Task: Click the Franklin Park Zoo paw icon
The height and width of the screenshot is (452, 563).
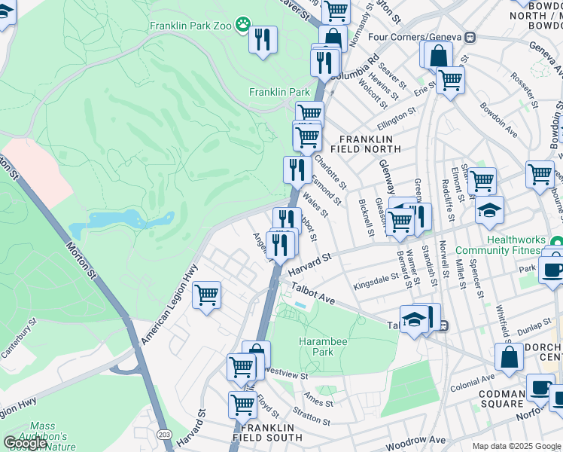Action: [x=242, y=25]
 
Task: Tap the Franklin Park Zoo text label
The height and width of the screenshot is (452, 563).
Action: [x=191, y=26]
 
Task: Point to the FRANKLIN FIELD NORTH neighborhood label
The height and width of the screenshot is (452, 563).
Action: [x=367, y=145]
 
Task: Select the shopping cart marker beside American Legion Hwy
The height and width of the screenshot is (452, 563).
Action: [x=206, y=295]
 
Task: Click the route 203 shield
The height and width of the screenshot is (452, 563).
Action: [x=163, y=435]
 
